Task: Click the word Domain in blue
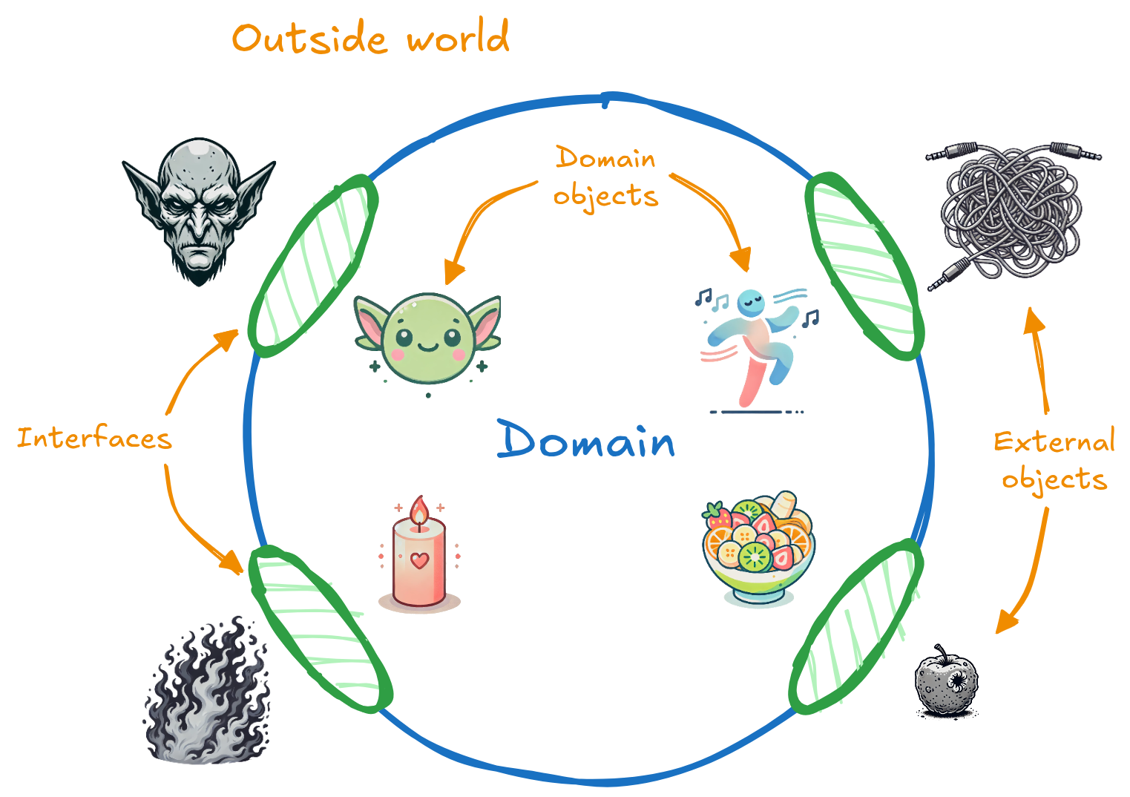tap(586, 441)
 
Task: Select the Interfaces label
tap(94, 439)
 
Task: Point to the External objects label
tap(1054, 460)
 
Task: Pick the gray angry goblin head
tap(198, 211)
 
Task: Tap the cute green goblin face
tap(427, 338)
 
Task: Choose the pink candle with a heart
tap(419, 557)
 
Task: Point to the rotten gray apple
tap(947, 682)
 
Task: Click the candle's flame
tap(419, 511)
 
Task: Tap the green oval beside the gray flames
tap(319, 628)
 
